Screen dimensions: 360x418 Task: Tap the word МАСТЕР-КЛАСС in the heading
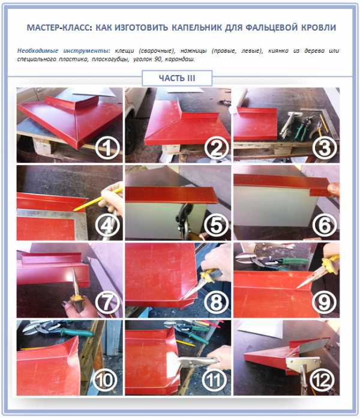coord(59,28)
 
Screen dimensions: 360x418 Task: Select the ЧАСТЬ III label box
coord(177,78)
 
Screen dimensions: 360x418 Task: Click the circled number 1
coord(107,147)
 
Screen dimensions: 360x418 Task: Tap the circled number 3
coord(325,147)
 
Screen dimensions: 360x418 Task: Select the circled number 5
coord(216,225)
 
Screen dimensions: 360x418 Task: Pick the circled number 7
coord(107,302)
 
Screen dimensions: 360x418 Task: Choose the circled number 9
coord(325,302)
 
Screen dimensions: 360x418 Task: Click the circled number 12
coord(322,380)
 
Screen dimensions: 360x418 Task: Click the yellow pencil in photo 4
coord(97,199)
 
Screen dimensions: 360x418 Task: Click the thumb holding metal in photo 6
coord(334,189)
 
